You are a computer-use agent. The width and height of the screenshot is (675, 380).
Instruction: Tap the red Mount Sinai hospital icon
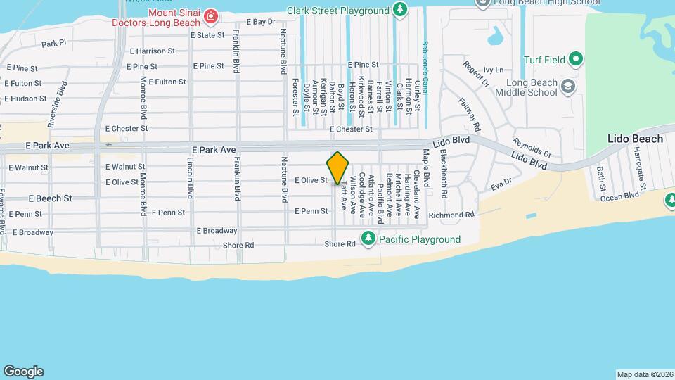[210, 15]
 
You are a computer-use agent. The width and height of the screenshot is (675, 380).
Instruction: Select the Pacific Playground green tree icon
[367, 239]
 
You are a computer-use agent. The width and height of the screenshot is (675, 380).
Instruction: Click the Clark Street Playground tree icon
[399, 10]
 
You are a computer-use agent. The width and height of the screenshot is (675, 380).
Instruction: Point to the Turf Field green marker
[575, 59]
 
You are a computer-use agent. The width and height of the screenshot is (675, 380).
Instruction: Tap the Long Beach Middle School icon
[568, 87]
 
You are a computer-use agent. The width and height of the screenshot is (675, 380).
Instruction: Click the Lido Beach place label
[635, 139]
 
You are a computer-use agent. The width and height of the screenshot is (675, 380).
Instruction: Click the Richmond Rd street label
[452, 215]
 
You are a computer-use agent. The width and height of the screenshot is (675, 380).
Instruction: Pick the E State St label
[207, 35]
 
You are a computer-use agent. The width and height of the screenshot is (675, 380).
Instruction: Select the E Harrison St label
[153, 51]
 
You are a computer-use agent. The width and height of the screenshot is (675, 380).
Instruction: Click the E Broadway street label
[217, 230]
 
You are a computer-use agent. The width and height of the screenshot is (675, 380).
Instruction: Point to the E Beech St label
[50, 198]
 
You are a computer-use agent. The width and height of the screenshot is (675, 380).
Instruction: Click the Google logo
[23, 371]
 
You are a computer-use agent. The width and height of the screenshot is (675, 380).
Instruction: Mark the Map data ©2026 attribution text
[644, 374]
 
